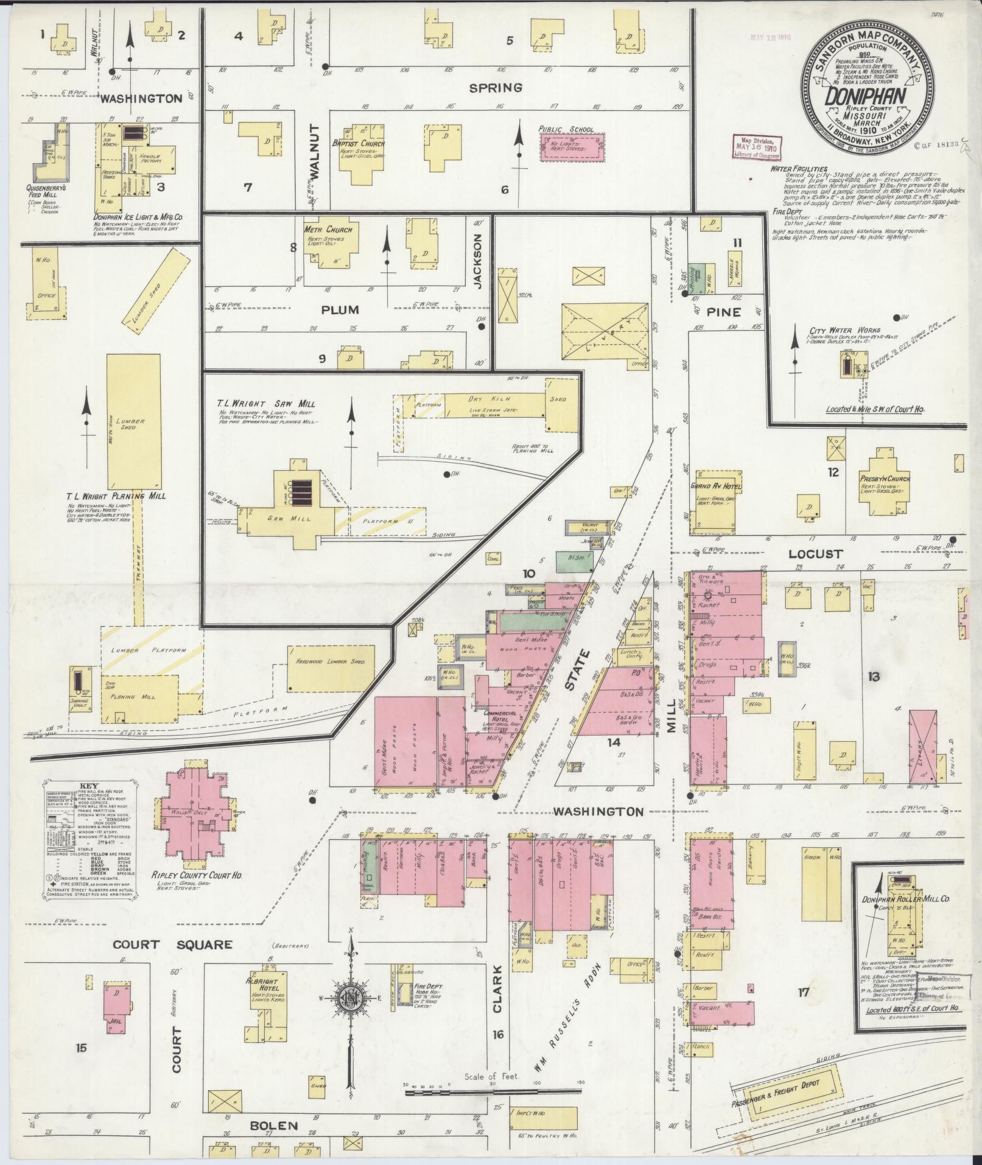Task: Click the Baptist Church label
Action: (x=363, y=144)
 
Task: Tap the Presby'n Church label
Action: (x=885, y=479)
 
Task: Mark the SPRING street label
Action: (x=496, y=88)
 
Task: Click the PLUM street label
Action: (x=340, y=310)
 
